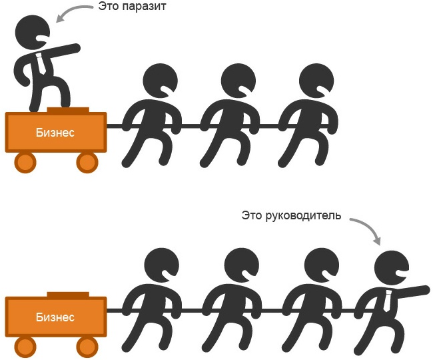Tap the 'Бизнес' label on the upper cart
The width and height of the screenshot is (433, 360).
coord(55,132)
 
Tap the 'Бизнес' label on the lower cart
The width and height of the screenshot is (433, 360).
coord(55,317)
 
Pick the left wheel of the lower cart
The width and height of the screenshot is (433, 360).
coord(26,345)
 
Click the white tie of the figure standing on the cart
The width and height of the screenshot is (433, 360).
coord(42,64)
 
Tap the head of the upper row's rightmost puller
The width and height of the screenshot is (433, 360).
coord(312,81)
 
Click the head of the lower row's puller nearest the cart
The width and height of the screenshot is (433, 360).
coord(160,266)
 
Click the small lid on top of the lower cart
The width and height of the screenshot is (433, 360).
coord(68,295)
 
